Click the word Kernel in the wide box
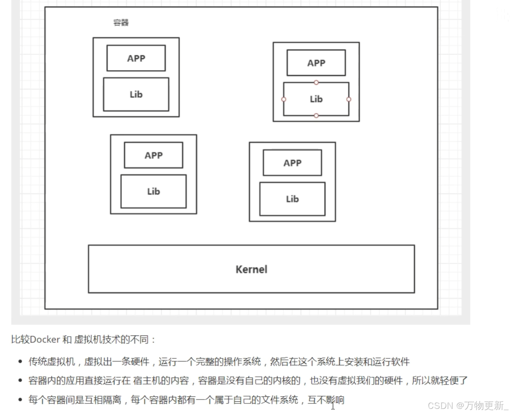pyautogui.click(x=251, y=270)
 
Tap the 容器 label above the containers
pyautogui.click(x=121, y=23)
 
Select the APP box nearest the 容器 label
pyautogui.click(x=136, y=58)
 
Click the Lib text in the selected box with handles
pyautogui.click(x=316, y=99)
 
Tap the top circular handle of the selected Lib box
pyautogui.click(x=316, y=83)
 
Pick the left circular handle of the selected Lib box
pyautogui.click(x=284, y=99)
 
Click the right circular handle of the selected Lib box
pyautogui.click(x=349, y=99)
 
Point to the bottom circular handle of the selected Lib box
pyautogui.click(x=316, y=116)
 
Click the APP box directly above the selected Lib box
pyautogui.click(x=316, y=63)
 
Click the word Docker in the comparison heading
pyautogui.click(x=45, y=340)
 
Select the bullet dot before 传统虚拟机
pyautogui.click(x=20, y=362)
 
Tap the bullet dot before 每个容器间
pyautogui.click(x=20, y=400)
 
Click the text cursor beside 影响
pyautogui.click(x=333, y=405)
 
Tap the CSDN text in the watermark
pyautogui.click(x=440, y=406)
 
